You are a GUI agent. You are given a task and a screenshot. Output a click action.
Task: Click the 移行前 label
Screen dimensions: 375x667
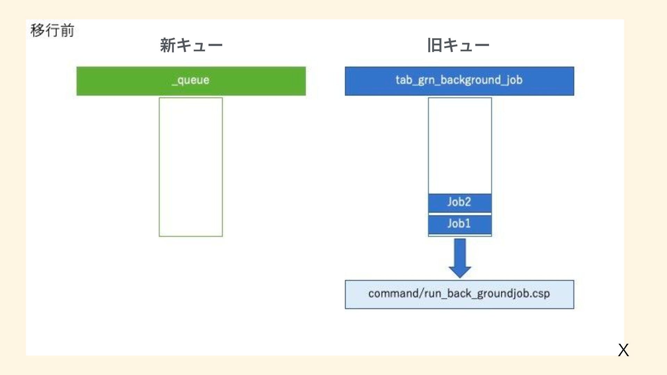[52, 30]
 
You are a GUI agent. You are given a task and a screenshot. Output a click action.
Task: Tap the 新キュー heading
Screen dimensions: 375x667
[191, 45]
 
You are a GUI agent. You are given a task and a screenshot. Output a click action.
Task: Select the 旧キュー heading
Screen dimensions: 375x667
[458, 45]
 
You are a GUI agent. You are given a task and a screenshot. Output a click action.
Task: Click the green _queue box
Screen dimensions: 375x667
[191, 81]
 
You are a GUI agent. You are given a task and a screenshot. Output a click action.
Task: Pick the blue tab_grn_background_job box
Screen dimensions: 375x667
[459, 81]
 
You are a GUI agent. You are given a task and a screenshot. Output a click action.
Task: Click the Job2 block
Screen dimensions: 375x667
[460, 202]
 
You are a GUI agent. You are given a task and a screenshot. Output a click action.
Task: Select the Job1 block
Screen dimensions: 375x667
[460, 224]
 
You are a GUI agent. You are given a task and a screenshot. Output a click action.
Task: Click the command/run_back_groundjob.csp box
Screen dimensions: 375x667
[459, 294]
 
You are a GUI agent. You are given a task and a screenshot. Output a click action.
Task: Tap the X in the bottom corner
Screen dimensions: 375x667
[623, 350]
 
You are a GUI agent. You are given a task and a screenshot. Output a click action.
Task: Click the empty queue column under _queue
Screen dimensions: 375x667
[191, 167]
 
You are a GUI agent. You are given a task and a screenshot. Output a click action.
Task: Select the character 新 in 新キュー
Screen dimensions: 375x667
[168, 45]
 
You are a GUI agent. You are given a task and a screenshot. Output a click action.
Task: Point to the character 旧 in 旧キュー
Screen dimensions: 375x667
[435, 45]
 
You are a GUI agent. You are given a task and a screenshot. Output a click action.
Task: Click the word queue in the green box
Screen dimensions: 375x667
[193, 80]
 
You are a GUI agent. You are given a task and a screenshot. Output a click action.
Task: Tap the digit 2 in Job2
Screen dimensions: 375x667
[467, 202]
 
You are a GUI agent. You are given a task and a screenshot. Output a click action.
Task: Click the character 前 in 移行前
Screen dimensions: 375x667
[67, 30]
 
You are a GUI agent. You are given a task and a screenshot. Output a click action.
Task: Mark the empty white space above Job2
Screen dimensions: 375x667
[460, 146]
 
